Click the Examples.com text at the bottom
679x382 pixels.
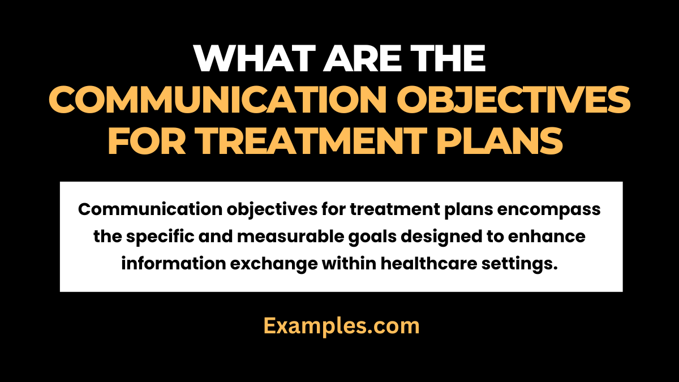click(x=341, y=326)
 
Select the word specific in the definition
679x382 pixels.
click(x=153, y=237)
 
